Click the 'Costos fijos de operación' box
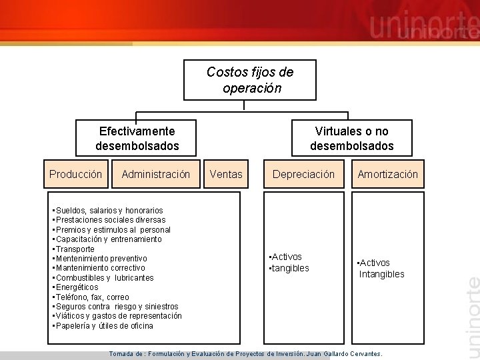pyautogui.click(x=250, y=80)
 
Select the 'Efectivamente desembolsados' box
pyautogui.click(x=137, y=138)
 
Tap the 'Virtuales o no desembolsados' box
pyautogui.click(x=352, y=138)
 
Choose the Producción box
pyautogui.click(x=76, y=175)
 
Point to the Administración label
pyautogui.click(x=155, y=175)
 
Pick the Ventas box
pyautogui.click(x=226, y=175)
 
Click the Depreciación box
pyautogui.click(x=303, y=175)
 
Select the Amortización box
pyautogui.click(x=387, y=175)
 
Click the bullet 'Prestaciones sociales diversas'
pyautogui.click(x=111, y=220)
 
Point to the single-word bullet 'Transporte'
pyautogui.click(x=75, y=249)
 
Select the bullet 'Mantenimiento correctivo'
pyautogui.click(x=100, y=268)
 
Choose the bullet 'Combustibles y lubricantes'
pyautogui.click(x=105, y=278)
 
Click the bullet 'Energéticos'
pyautogui.click(x=77, y=287)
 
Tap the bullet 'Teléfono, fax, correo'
pyautogui.click(x=93, y=297)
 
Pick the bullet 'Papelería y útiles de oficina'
pyautogui.click(x=104, y=326)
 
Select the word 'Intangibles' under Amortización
pyautogui.click(x=381, y=274)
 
